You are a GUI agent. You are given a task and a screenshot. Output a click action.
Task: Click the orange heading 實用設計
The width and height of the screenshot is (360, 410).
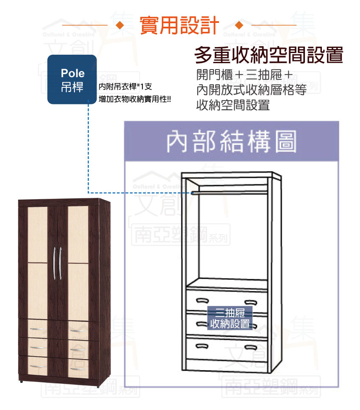tap(179, 25)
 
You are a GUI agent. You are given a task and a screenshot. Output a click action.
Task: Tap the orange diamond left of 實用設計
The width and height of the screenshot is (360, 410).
tap(120, 25)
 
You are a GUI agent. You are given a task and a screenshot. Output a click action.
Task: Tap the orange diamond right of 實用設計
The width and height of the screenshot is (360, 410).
tap(239, 25)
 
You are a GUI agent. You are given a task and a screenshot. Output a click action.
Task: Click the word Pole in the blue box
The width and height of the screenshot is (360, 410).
tap(72, 73)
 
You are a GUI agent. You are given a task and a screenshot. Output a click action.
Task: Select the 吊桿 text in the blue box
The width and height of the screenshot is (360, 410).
tap(72, 87)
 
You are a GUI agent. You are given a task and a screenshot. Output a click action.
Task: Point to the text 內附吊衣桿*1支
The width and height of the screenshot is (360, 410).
tap(125, 86)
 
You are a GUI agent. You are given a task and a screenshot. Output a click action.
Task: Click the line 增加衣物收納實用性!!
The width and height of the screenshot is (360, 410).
tap(135, 99)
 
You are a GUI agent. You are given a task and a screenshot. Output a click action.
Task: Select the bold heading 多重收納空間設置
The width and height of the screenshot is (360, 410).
tap(269, 55)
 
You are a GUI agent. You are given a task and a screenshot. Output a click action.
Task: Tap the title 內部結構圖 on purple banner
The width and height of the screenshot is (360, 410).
tap(232, 142)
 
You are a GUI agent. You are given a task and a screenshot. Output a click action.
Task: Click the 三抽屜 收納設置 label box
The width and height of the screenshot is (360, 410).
tap(230, 318)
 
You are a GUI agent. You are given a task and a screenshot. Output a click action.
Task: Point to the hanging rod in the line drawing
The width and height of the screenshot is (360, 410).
tap(230, 193)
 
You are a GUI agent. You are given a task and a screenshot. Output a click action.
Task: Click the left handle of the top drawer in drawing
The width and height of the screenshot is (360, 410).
tap(202, 301)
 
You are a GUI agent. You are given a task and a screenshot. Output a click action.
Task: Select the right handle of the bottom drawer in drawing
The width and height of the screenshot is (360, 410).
tap(251, 348)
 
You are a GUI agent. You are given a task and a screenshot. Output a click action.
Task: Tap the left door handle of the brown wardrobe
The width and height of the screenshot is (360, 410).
tap(55, 263)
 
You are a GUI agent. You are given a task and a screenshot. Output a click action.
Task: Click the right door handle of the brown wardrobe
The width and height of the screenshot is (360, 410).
tap(60, 263)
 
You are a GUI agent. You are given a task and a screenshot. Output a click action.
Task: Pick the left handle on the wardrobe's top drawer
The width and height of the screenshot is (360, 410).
tap(38, 329)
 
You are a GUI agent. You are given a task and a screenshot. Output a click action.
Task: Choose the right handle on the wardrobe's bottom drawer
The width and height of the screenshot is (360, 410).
tap(78, 369)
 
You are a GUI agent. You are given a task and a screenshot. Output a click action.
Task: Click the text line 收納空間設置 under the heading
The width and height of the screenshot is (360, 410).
tap(233, 105)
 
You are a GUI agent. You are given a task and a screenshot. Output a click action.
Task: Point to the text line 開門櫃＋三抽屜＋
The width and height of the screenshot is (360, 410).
tap(245, 75)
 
